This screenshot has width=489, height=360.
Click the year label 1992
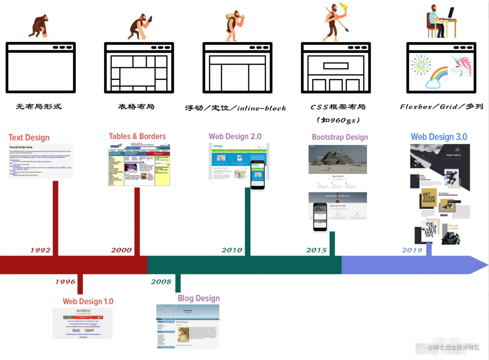pos(40,250)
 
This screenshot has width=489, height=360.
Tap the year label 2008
pos(161,282)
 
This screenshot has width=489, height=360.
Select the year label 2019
pos(412,250)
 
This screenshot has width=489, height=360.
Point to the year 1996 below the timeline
pos(65,282)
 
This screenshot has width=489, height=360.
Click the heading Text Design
pos(29,138)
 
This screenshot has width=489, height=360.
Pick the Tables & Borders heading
pos(137,136)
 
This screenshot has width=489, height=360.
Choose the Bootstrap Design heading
pos(340,137)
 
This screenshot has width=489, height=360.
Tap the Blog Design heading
pos(199,298)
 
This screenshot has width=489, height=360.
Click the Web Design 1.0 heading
pos(88,301)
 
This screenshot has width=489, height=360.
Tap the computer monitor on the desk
pos(451,13)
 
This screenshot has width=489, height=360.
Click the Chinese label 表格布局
pos(136,107)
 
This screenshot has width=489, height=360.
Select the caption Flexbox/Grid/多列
pos(441,107)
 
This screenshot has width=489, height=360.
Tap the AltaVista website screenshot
pos(83,323)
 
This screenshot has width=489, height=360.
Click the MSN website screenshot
pos(139,165)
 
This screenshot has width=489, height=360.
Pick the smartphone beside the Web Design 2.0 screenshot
pos(258,174)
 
